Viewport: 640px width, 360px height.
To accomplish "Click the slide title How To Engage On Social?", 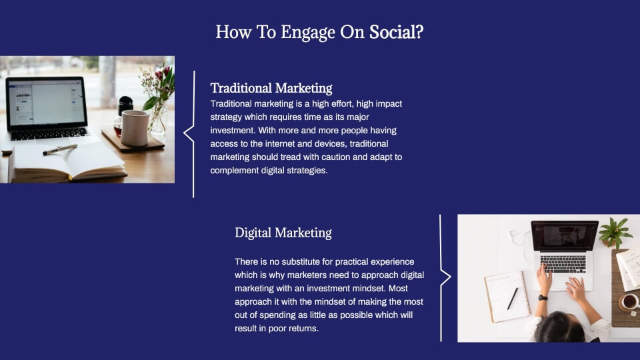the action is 319,32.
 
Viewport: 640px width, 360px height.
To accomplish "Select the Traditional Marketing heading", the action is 271,88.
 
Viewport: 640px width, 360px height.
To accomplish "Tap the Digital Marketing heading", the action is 283,233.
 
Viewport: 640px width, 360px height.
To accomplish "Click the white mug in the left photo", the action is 135,128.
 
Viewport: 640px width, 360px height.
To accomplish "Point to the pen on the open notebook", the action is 60,149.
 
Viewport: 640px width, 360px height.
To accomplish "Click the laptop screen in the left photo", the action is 46,102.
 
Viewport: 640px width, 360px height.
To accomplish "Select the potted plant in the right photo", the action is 615,231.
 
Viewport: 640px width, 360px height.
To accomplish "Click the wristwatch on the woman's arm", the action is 543,297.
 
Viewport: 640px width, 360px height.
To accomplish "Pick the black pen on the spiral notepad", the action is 513,299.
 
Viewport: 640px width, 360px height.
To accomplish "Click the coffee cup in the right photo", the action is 629,302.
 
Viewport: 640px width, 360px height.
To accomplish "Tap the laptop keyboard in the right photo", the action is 563,264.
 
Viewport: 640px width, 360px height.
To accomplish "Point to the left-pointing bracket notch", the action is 188,133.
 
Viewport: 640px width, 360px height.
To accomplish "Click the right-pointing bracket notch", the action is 446,277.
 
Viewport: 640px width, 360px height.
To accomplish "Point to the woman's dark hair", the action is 559,328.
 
